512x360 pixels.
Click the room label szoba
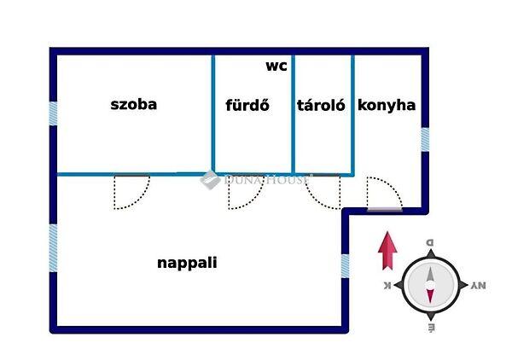[x=135, y=106]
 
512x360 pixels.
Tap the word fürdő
[x=247, y=107]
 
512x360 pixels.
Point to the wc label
[x=276, y=66]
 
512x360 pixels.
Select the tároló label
[x=321, y=107]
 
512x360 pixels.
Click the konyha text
[x=387, y=106]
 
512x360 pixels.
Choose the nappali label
[x=187, y=263]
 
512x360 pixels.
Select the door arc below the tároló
[x=324, y=191]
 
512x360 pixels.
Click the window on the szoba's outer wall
[x=53, y=113]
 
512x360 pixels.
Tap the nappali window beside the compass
[x=345, y=265]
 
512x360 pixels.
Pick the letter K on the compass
[x=387, y=286]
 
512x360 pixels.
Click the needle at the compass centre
[x=430, y=286]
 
